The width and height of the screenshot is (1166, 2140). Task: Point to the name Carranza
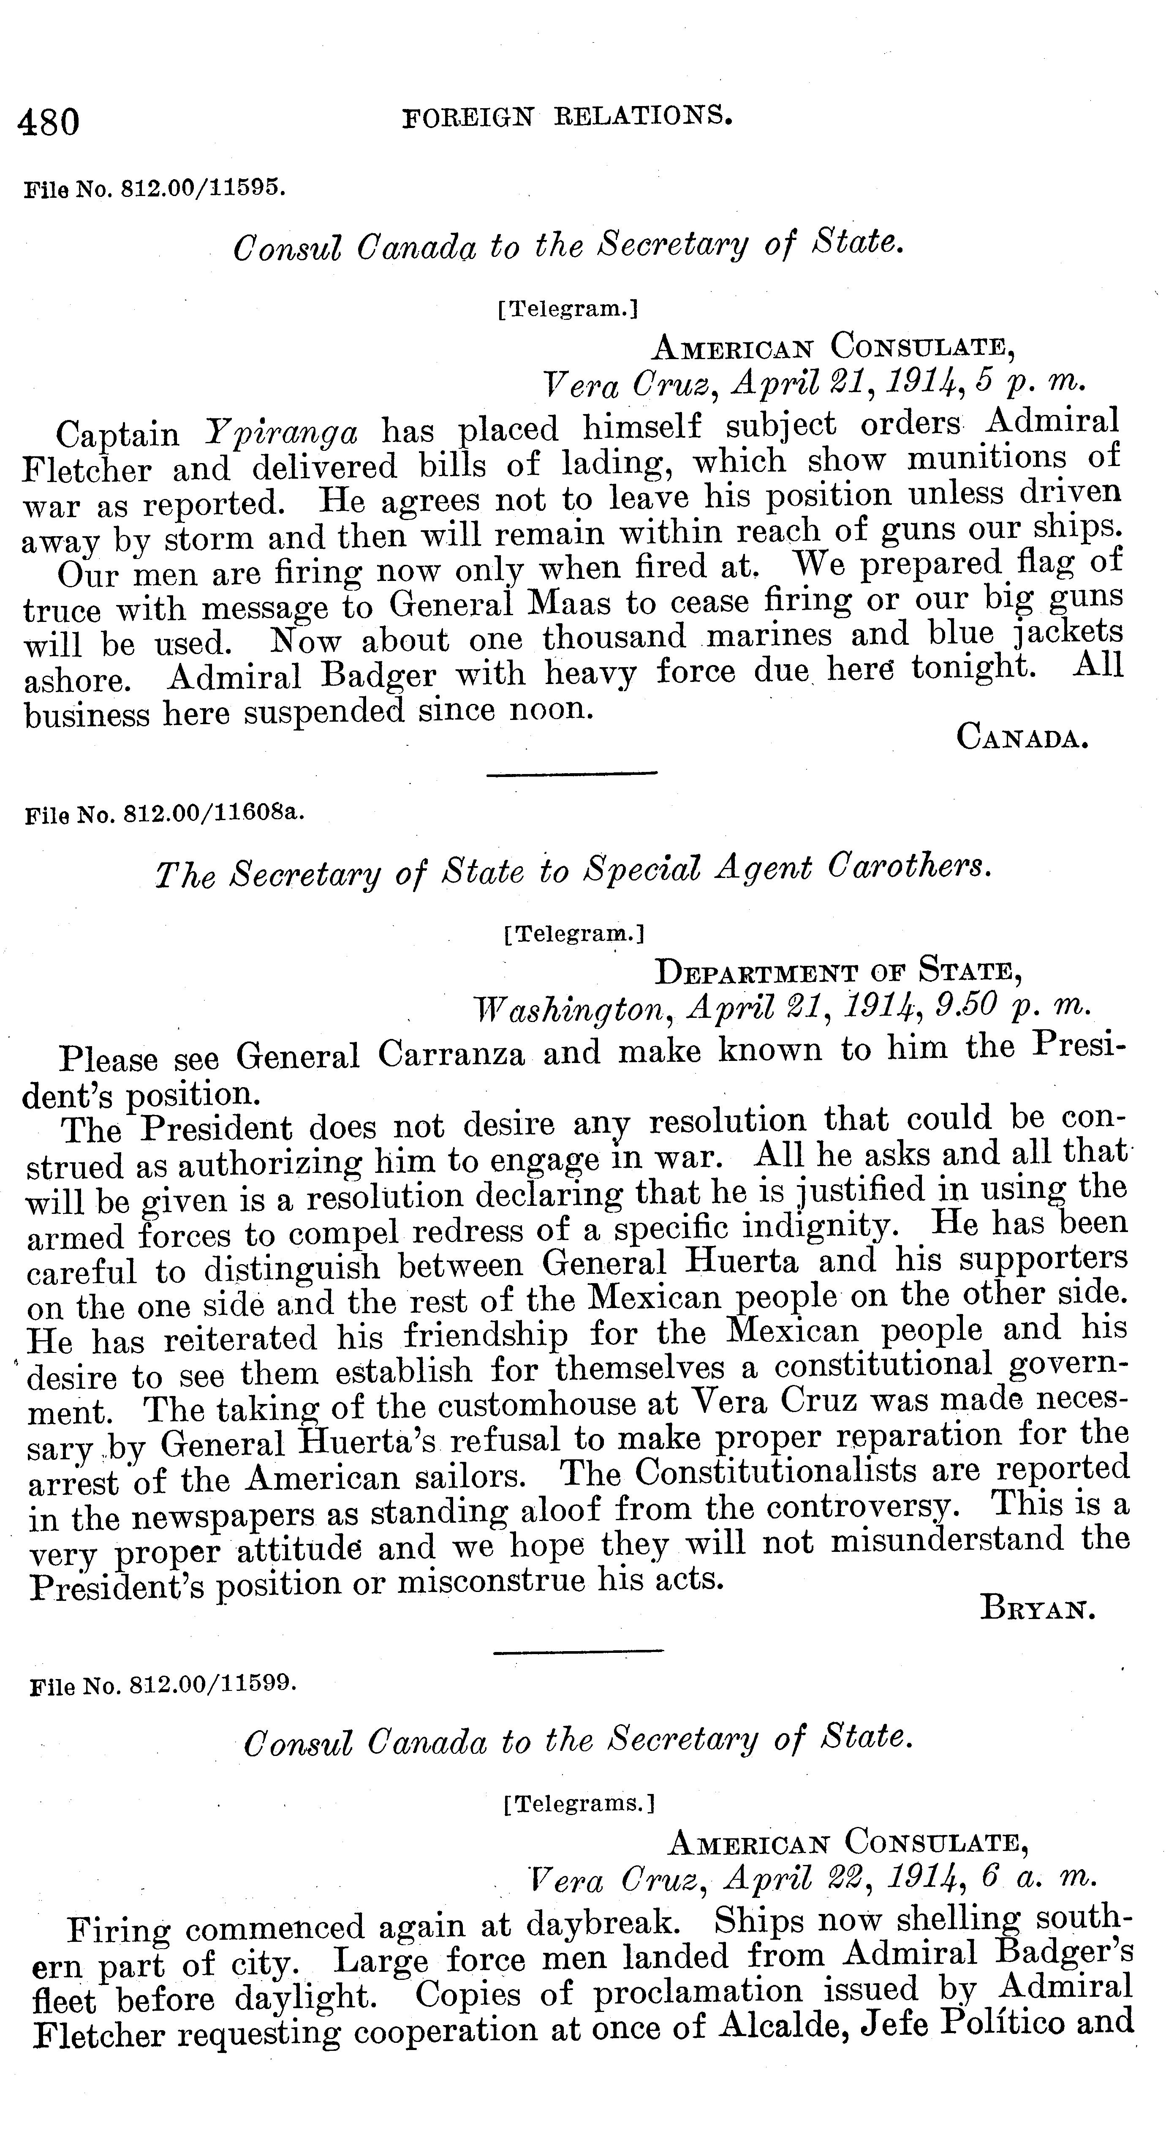[451, 1054]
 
